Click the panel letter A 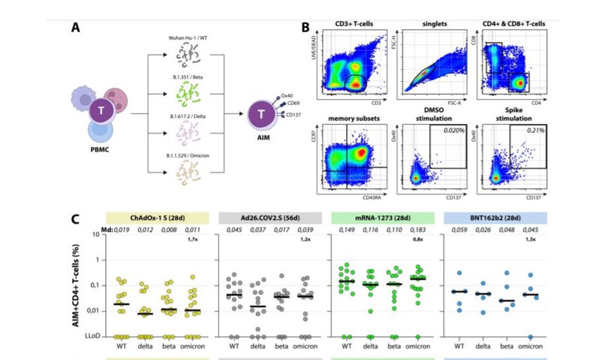75,28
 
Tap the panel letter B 306,28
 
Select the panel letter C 75,218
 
